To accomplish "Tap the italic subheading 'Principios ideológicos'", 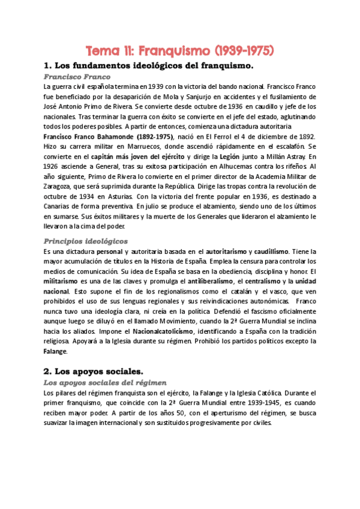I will point(85,241).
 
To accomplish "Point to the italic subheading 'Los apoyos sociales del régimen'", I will point(105,382).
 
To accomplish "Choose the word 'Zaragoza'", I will point(59,185).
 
